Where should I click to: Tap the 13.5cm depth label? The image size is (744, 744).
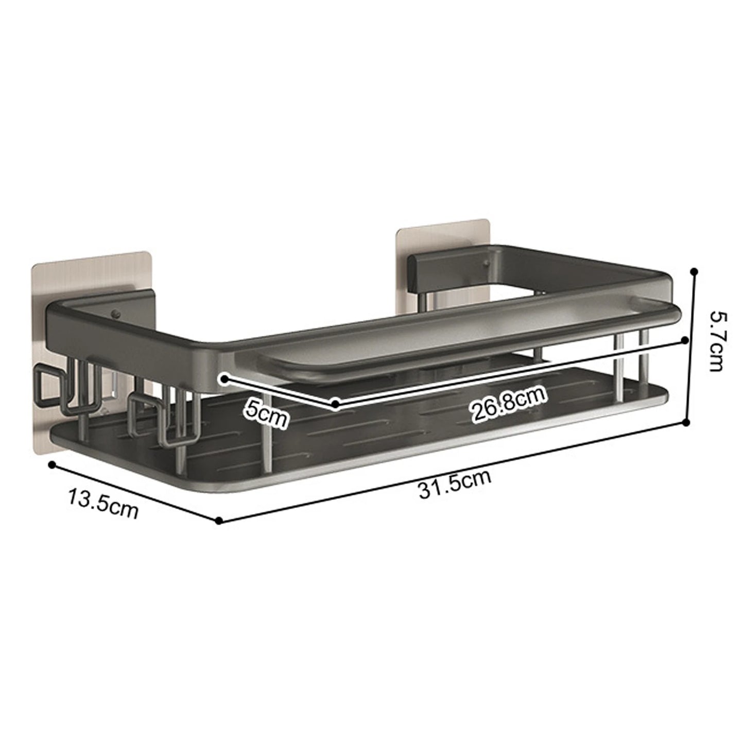click(103, 503)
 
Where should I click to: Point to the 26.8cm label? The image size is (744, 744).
click(509, 405)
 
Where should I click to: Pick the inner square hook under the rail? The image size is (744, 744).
click(146, 412)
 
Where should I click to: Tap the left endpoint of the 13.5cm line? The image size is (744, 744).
click(51, 464)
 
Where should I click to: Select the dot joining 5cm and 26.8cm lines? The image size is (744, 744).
click(335, 404)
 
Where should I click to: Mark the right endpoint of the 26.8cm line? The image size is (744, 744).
click(684, 340)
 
